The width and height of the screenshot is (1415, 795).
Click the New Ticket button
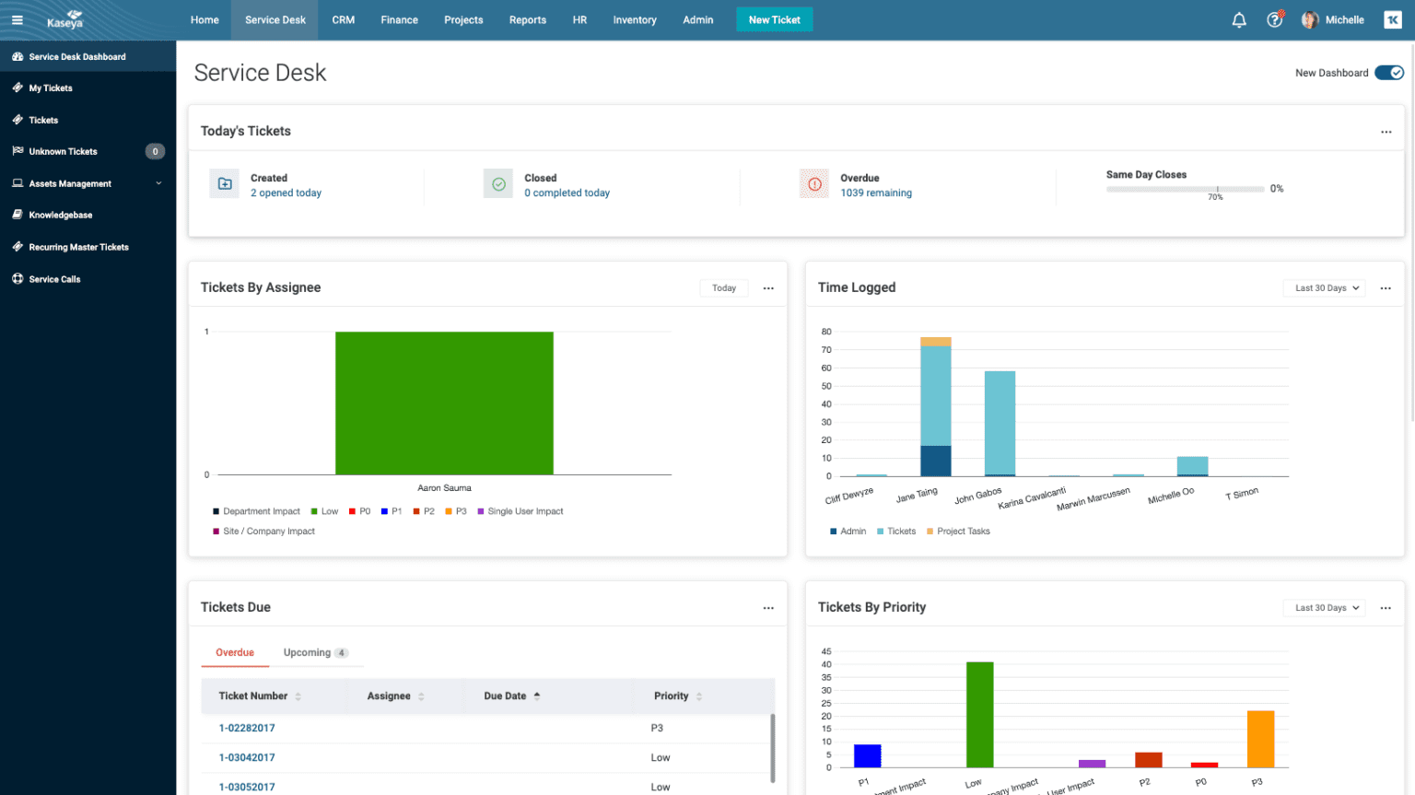[x=774, y=19]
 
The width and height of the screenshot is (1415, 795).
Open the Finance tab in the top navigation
[x=399, y=19]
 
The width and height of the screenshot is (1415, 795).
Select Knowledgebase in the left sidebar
[x=60, y=215]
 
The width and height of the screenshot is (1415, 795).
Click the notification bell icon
[x=1239, y=19]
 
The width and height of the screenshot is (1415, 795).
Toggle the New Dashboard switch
[x=1388, y=73]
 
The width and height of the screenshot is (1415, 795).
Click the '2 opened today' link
[x=286, y=193]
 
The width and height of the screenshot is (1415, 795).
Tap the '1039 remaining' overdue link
[x=875, y=193]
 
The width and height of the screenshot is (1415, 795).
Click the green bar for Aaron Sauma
[x=444, y=403]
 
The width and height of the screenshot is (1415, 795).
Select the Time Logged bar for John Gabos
[x=1000, y=423]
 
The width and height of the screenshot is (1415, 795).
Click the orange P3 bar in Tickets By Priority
[x=1260, y=739]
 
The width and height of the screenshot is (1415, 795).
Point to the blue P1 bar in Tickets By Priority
[x=867, y=755]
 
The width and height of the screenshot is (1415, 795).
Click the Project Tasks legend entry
[x=963, y=532]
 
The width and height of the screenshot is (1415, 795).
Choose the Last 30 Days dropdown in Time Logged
[x=1324, y=288]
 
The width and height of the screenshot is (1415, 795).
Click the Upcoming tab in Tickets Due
[x=307, y=652]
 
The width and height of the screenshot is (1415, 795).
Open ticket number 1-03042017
[x=247, y=757]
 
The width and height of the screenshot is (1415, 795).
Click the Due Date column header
[x=505, y=696]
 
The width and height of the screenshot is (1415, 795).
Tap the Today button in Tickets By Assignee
[x=723, y=288]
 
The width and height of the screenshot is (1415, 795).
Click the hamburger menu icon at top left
[x=17, y=19]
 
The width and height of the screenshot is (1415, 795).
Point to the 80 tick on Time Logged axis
[x=826, y=332]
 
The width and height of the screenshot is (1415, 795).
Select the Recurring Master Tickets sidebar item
[x=78, y=247]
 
